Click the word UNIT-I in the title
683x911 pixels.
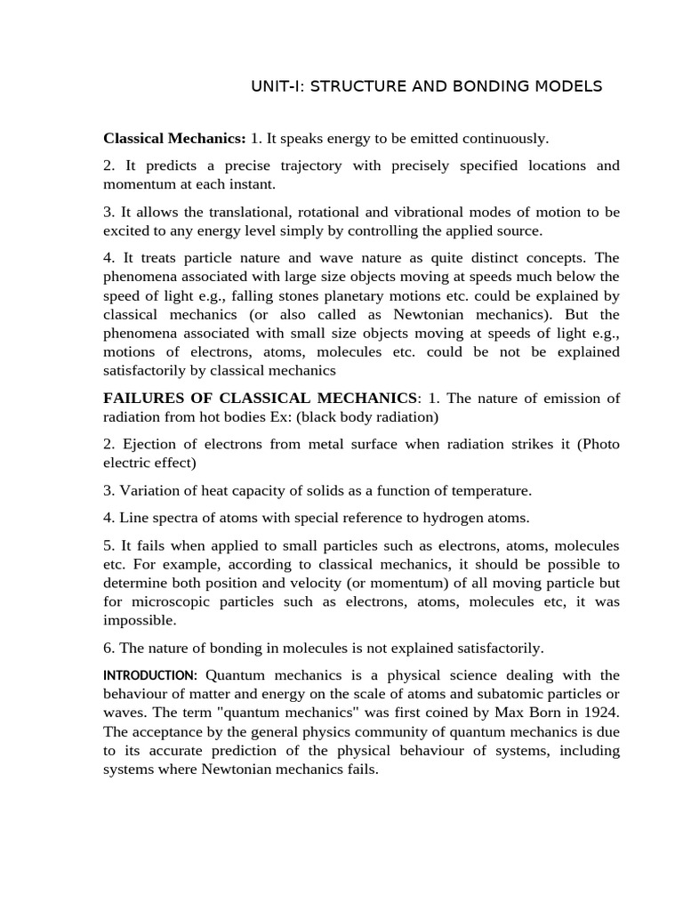point(273,86)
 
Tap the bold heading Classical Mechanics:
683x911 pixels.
point(174,138)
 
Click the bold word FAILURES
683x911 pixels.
point(143,398)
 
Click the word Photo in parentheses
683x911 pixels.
point(600,444)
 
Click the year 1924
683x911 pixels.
point(601,713)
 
